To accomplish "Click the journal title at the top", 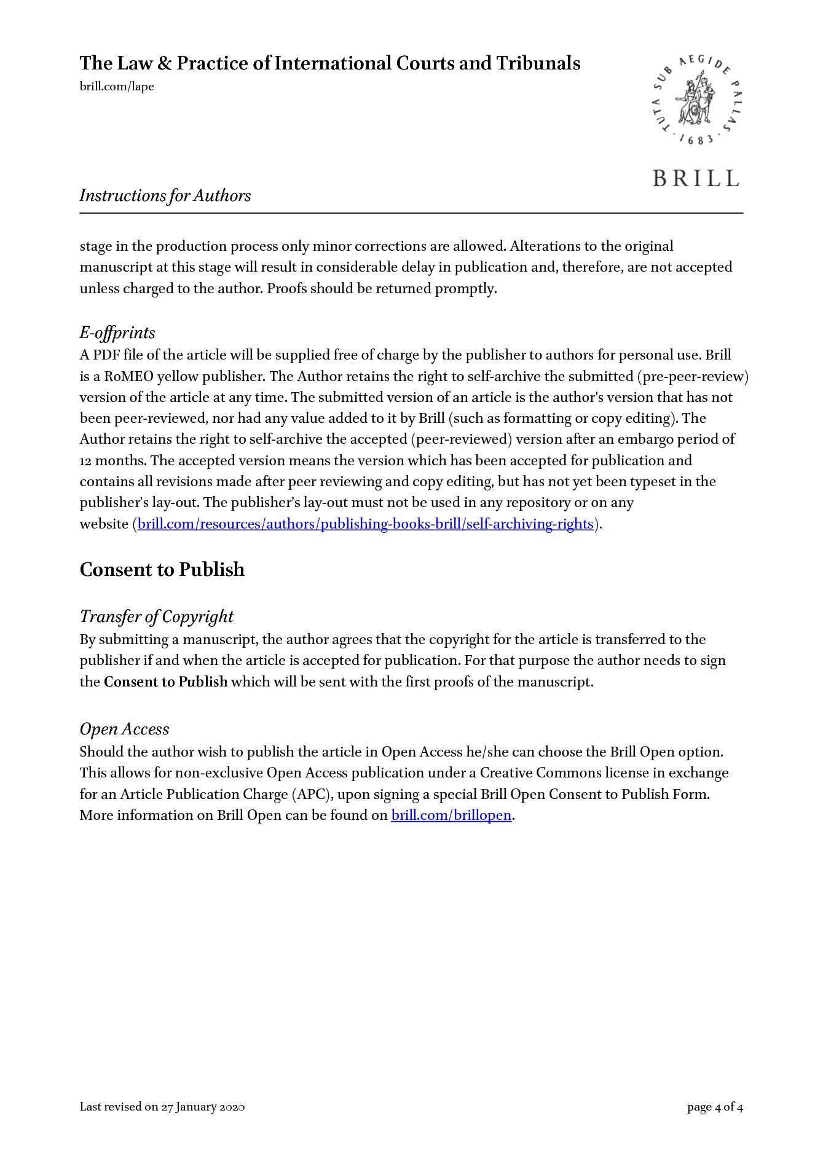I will pyautogui.click(x=329, y=63).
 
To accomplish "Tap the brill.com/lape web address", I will pyautogui.click(x=117, y=87).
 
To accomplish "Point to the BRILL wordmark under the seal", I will pyautogui.click(x=696, y=179).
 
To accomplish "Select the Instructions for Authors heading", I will pyautogui.click(x=165, y=195).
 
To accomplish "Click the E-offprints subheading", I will pyautogui.click(x=117, y=332).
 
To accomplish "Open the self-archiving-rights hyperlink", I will pyautogui.click(x=366, y=524).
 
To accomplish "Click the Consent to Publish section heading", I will pyautogui.click(x=162, y=570).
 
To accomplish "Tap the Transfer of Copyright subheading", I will pyautogui.click(x=157, y=616).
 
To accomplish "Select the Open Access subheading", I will pyautogui.click(x=124, y=729).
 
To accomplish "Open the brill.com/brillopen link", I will pyautogui.click(x=451, y=816).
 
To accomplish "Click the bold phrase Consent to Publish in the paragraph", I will pyautogui.click(x=165, y=682).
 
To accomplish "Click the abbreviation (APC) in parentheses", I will pyautogui.click(x=312, y=794).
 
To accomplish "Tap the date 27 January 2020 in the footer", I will pyautogui.click(x=203, y=1107).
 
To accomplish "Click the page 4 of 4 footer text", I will pyautogui.click(x=715, y=1107).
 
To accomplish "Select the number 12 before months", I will pyautogui.click(x=86, y=461).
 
